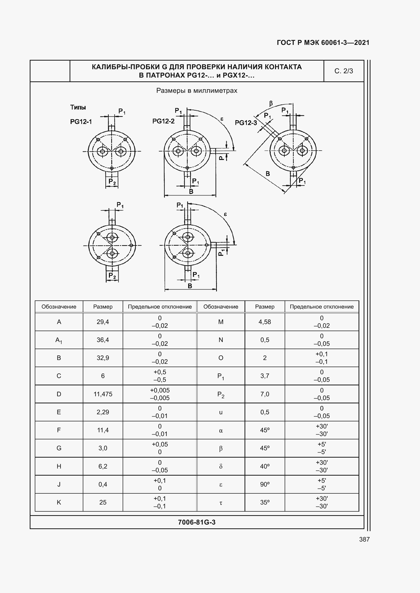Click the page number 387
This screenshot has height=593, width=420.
pyautogui.click(x=364, y=539)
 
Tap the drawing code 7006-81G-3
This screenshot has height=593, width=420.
pyautogui.click(x=197, y=522)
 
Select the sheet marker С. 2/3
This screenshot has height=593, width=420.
pyautogui.click(x=344, y=71)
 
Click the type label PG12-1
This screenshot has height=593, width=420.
pyautogui.click(x=81, y=122)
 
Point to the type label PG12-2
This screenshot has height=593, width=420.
pyautogui.click(x=164, y=121)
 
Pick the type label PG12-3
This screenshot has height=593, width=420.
pyautogui.click(x=246, y=123)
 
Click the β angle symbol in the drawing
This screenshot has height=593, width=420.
pyautogui.click(x=271, y=104)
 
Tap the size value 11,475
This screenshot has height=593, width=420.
pyautogui.click(x=103, y=394)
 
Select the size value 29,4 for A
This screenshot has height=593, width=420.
pyautogui.click(x=103, y=322)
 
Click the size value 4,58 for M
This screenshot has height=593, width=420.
pyautogui.click(x=265, y=322)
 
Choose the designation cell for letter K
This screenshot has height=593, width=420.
pyautogui.click(x=59, y=502)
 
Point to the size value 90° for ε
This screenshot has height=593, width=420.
pyautogui.click(x=265, y=484)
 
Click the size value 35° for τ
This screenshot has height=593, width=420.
pyautogui.click(x=265, y=502)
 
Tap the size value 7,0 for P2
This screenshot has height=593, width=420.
pyautogui.click(x=265, y=394)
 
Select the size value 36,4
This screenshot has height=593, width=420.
pyautogui.click(x=103, y=340)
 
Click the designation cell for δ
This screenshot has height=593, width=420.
pyautogui.click(x=221, y=466)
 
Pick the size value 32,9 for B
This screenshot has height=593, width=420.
pyautogui.click(x=103, y=358)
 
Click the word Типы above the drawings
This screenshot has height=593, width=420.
pyautogui.click(x=78, y=107)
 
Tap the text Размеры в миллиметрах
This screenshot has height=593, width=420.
pyautogui.click(x=197, y=91)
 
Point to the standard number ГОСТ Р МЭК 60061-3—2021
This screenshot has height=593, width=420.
pyautogui.click(x=323, y=43)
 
